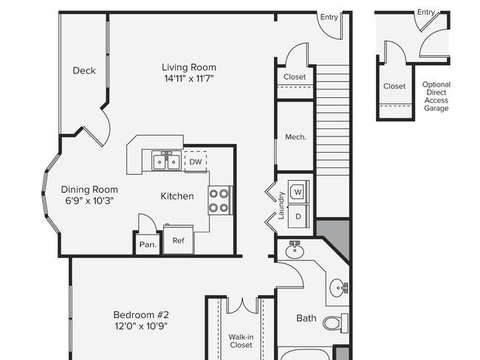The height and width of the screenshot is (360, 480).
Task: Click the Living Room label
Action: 189,67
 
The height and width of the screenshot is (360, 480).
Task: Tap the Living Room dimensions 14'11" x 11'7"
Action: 188,79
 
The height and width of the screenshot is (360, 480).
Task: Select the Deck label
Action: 84,71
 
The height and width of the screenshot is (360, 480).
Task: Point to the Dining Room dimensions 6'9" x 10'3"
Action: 89,201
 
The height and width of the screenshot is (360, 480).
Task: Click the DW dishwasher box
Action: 196,162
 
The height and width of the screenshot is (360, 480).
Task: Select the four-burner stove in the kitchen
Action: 220,201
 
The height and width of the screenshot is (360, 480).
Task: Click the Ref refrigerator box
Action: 178,240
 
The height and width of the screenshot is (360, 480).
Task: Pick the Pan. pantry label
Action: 148,245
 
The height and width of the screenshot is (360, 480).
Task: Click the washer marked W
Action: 298,191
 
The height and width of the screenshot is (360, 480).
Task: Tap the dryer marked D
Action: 298,216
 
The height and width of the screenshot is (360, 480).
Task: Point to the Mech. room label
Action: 295,137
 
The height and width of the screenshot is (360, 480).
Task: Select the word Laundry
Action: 281,206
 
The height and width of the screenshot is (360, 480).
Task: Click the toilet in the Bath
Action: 335,322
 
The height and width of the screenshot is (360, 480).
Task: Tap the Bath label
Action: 306,318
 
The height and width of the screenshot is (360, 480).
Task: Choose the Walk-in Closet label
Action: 241,341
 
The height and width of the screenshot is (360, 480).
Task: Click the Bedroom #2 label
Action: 141,315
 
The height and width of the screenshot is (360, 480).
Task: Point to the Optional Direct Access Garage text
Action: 436,97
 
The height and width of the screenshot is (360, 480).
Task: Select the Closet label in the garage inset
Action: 394,86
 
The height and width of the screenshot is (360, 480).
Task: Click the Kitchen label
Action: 177,196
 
